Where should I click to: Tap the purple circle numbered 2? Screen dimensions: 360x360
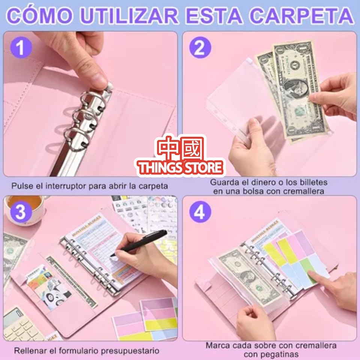pyautogui.click(x=200, y=48)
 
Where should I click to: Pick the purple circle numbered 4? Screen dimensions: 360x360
pyautogui.click(x=200, y=213)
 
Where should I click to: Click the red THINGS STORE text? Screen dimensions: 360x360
pyautogui.click(x=181, y=167)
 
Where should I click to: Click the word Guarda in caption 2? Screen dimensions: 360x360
pyautogui.click(x=224, y=183)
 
